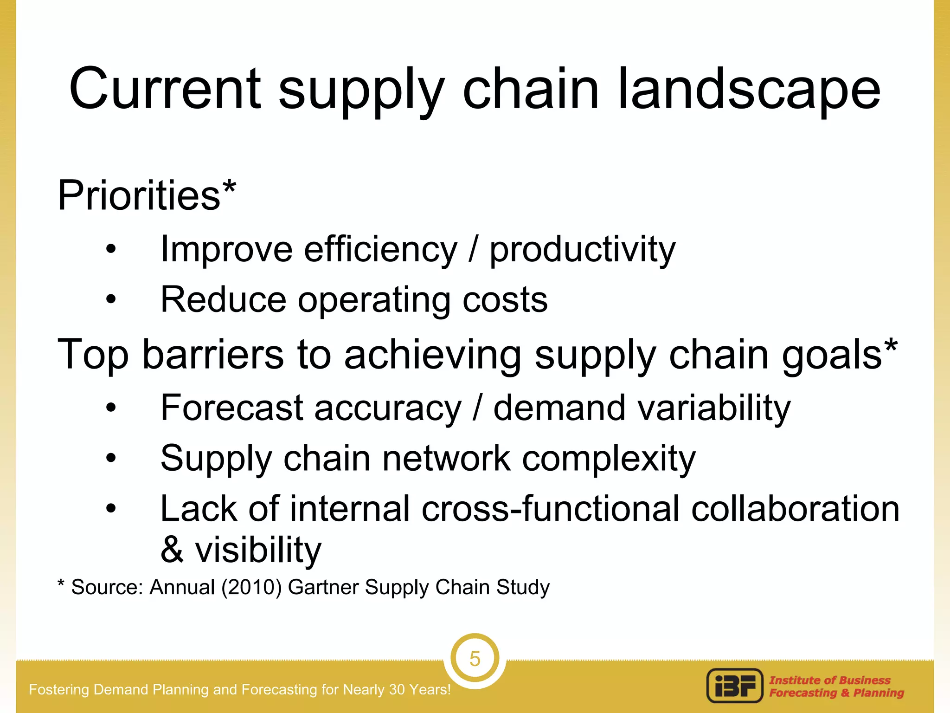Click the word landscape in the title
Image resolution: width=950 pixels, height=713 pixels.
tap(749, 89)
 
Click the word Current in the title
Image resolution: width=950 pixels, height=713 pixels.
tap(165, 89)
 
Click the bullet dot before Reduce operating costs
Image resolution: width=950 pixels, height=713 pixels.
tap(111, 300)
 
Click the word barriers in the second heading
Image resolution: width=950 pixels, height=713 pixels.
tap(213, 355)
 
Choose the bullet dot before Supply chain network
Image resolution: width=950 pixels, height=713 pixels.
tap(111, 459)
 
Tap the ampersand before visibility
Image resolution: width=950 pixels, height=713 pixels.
tap(172, 550)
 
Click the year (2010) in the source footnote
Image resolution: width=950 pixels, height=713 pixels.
tap(251, 587)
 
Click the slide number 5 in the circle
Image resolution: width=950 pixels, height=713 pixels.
tap(475, 659)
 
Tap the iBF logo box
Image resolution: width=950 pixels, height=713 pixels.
tap(735, 686)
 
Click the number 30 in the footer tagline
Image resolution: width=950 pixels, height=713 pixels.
tap(398, 690)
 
